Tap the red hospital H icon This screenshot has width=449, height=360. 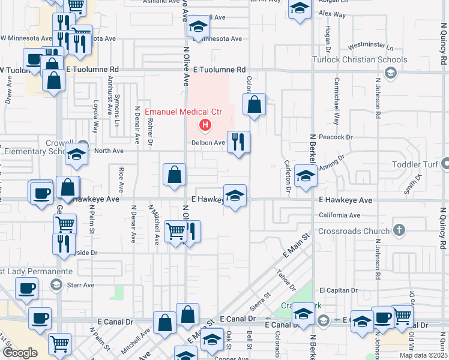coord(205,125)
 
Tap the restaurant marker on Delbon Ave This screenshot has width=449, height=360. coord(238,142)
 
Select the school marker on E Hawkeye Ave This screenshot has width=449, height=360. coord(235,195)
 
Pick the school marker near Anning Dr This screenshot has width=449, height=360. coord(306,176)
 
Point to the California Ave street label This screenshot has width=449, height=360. coord(339,215)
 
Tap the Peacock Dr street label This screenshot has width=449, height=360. coord(336,137)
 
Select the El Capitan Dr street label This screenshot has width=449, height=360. coord(338,290)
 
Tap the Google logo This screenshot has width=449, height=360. coord(20,353)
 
